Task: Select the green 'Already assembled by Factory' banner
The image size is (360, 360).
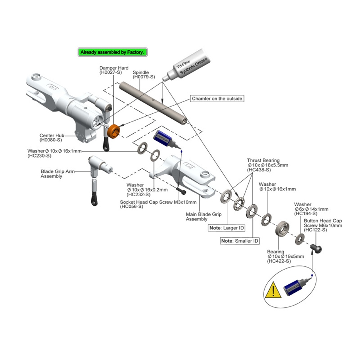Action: pos(113,52)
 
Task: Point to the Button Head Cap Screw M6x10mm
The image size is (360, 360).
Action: pos(317,248)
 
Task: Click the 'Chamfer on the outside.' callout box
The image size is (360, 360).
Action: pos(217,98)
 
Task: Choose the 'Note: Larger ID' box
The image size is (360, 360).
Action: pos(227,228)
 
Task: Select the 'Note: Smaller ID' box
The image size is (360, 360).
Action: pos(240,241)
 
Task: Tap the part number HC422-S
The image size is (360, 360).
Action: pos(279,261)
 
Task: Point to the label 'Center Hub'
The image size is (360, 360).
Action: pos(52,136)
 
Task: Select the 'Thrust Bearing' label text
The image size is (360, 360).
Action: pos(263,160)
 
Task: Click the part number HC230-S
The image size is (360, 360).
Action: pos(39,156)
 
